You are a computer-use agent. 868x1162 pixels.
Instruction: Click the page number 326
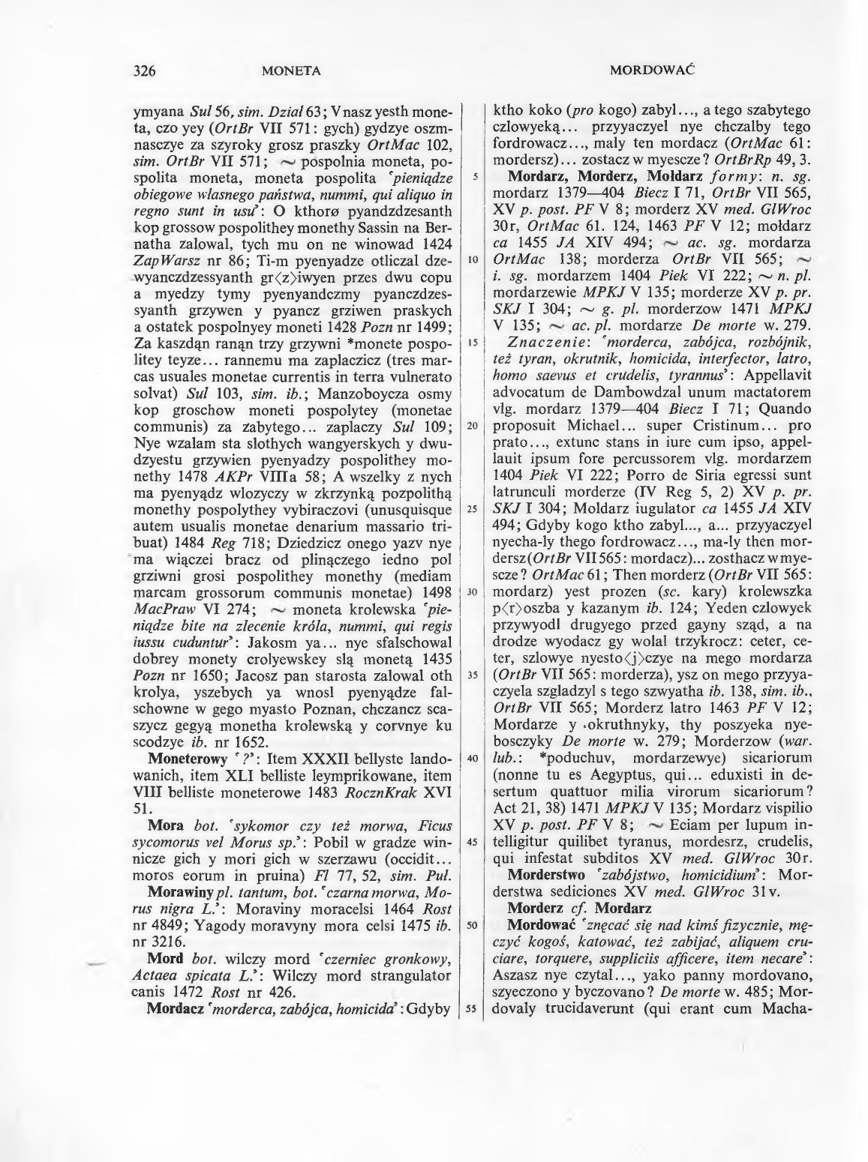coord(143,71)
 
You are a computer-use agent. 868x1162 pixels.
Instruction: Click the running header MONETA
coord(292,71)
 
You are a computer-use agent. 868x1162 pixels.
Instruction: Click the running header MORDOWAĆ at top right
coord(650,70)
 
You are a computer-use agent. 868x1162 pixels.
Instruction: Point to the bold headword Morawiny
coord(181,894)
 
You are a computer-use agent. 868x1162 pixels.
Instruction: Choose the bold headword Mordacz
coord(176,1008)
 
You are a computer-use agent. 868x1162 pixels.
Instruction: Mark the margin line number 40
coord(472,758)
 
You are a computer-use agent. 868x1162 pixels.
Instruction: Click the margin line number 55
coord(472,1008)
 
